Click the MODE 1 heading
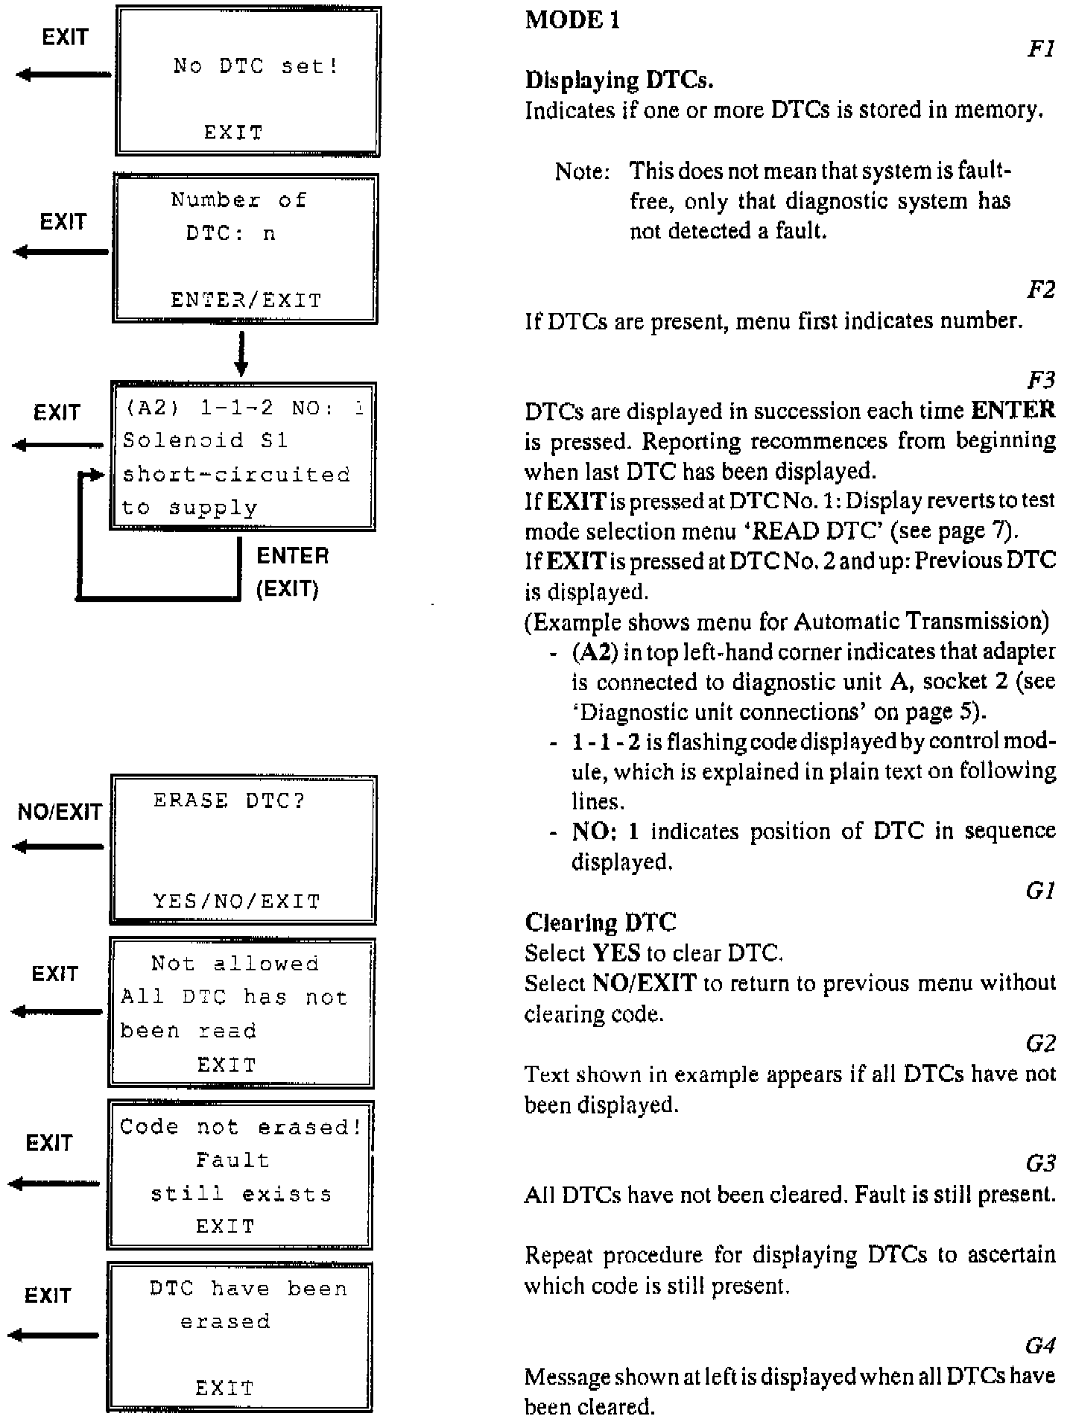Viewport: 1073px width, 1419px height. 572,20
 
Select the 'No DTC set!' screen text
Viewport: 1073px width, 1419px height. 256,66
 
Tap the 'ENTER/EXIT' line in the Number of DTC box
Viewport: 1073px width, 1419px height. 246,300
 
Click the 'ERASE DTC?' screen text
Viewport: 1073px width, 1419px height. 230,800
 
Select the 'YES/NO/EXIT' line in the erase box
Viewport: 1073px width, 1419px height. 236,901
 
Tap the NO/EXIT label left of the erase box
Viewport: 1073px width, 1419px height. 60,812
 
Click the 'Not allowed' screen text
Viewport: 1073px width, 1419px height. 235,964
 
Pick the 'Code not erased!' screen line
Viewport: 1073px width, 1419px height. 241,1127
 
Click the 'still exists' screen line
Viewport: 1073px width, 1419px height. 241,1194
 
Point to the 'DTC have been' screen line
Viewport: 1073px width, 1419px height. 248,1289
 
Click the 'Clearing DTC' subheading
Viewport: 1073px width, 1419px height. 601,923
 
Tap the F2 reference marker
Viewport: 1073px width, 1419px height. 1041,291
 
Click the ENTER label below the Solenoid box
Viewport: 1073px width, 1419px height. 292,556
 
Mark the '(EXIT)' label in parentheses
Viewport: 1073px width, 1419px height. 288,590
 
